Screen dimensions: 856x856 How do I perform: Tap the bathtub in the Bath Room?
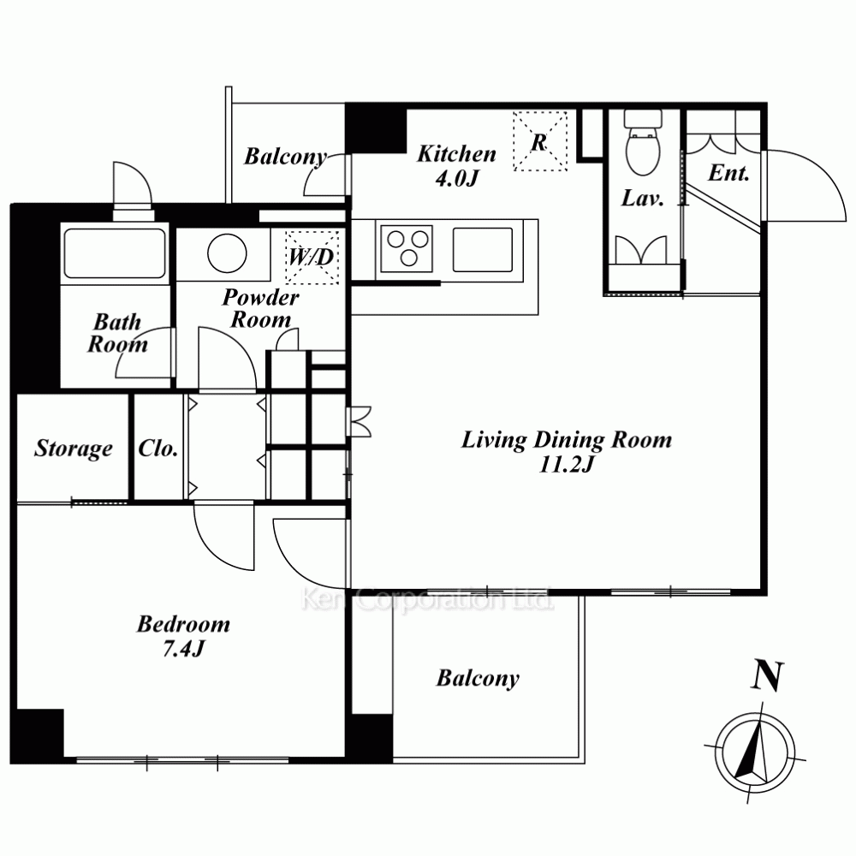tap(115, 253)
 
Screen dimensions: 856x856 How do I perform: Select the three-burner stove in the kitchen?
tap(407, 248)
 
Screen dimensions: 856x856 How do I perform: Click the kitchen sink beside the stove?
tap(483, 249)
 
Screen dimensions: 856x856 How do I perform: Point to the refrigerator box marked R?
tap(540, 141)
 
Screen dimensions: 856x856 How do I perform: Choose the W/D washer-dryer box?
tap(312, 257)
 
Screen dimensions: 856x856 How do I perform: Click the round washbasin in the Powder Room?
tap(227, 253)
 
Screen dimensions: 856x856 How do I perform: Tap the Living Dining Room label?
tap(567, 440)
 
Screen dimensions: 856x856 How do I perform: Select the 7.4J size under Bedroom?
tap(183, 649)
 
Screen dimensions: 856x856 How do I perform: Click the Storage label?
tap(74, 449)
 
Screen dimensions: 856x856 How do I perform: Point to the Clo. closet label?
tap(158, 449)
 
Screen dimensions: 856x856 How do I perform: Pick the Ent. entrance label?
tap(728, 173)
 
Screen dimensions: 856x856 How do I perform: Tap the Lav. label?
tap(643, 198)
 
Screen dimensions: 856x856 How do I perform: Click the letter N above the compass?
tap(768, 676)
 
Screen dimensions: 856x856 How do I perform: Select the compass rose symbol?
tap(755, 752)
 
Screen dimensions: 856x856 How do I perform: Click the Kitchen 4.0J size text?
tap(457, 179)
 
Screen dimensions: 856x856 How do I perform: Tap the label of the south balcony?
tap(478, 679)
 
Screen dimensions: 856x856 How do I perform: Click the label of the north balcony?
tap(286, 157)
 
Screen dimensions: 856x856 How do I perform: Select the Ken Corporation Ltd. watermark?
tap(427, 600)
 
